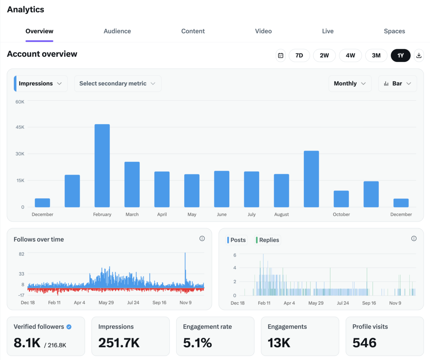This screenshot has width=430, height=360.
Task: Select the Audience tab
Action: (x=117, y=31)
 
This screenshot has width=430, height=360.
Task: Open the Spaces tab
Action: (x=394, y=31)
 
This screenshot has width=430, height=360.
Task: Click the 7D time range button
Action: (x=299, y=56)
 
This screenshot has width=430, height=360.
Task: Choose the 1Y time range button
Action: (x=400, y=56)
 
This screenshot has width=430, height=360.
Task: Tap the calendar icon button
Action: (x=281, y=56)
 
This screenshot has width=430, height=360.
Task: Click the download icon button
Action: (x=419, y=56)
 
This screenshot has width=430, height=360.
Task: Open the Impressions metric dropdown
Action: (x=40, y=84)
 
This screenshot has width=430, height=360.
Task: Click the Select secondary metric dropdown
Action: (x=118, y=84)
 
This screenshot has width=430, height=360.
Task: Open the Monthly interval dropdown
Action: (x=350, y=84)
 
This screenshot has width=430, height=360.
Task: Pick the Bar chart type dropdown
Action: (x=397, y=84)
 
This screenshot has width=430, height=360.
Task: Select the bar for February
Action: (x=102, y=166)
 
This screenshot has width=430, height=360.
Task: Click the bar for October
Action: (x=341, y=199)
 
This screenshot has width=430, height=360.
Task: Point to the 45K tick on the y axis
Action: (x=20, y=127)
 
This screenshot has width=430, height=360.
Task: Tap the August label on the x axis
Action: (x=282, y=214)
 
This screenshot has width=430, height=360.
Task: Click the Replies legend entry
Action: (x=267, y=240)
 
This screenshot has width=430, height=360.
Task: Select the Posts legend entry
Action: (x=236, y=240)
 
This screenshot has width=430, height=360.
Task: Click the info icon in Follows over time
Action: (x=202, y=238)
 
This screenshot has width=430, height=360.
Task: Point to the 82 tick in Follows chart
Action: (x=21, y=254)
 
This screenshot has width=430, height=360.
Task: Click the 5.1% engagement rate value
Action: (x=197, y=343)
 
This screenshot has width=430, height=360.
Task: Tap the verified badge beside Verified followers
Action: (x=69, y=327)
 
